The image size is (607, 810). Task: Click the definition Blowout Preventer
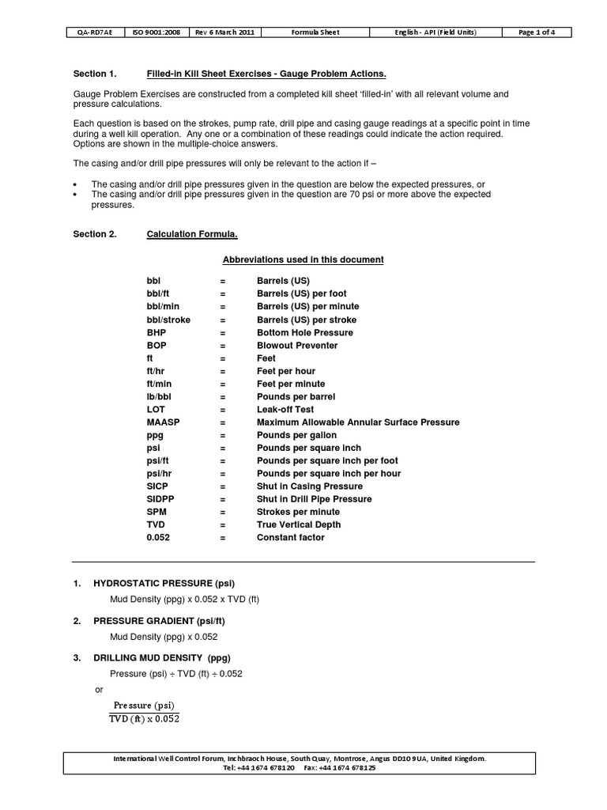coord(297,346)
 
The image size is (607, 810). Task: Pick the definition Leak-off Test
coord(285,410)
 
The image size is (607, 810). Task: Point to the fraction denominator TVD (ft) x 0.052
coord(144,719)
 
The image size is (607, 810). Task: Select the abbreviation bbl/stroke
coord(172,320)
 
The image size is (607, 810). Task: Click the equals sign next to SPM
coord(223,512)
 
